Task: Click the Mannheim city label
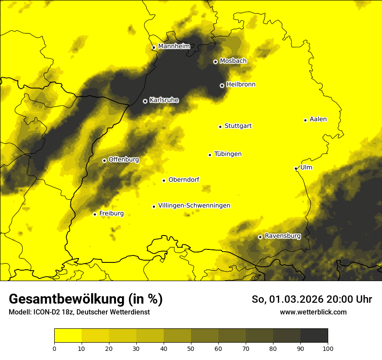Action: click(174, 46)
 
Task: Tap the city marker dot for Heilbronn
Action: click(222, 85)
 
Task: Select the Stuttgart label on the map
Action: click(238, 126)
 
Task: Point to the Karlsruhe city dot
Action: click(145, 101)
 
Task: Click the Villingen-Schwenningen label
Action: click(194, 206)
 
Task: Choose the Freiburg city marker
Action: click(95, 214)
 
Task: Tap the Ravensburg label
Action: click(282, 236)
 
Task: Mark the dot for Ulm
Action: click(296, 168)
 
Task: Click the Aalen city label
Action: click(318, 119)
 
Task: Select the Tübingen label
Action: click(227, 154)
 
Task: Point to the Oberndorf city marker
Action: click(164, 180)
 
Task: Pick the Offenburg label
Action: click(124, 160)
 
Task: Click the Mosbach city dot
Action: click(215, 62)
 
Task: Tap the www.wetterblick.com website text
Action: click(313, 312)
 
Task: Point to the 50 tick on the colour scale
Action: click(191, 348)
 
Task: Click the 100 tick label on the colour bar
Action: click(328, 348)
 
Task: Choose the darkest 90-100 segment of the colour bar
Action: click(314, 336)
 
